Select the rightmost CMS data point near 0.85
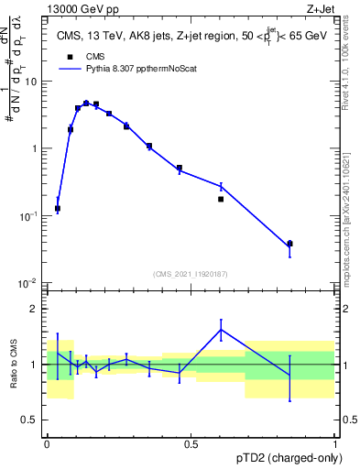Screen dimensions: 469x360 tap(316, 244)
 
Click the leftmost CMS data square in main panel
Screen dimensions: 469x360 tap(58, 209)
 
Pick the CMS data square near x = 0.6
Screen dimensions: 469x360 tap(221, 199)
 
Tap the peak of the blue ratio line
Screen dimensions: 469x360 tap(221, 330)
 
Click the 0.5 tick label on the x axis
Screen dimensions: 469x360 tap(191, 443)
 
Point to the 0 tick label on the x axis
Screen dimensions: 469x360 tap(47, 443)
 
